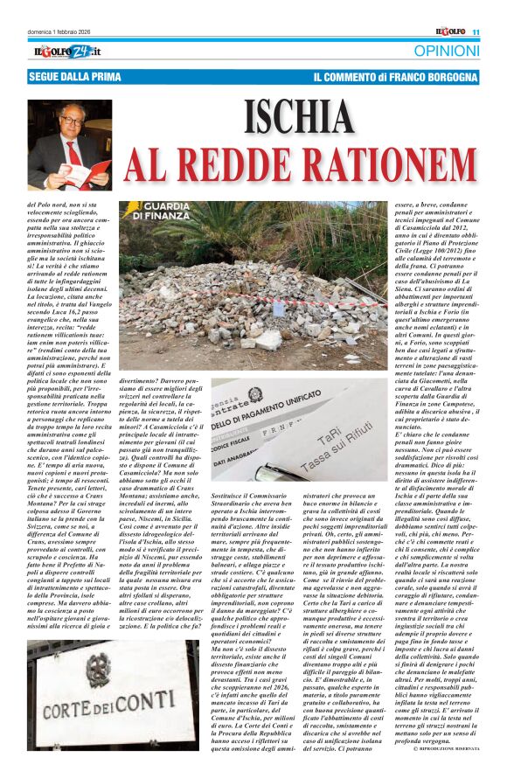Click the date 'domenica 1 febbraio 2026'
(x=63, y=32)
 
